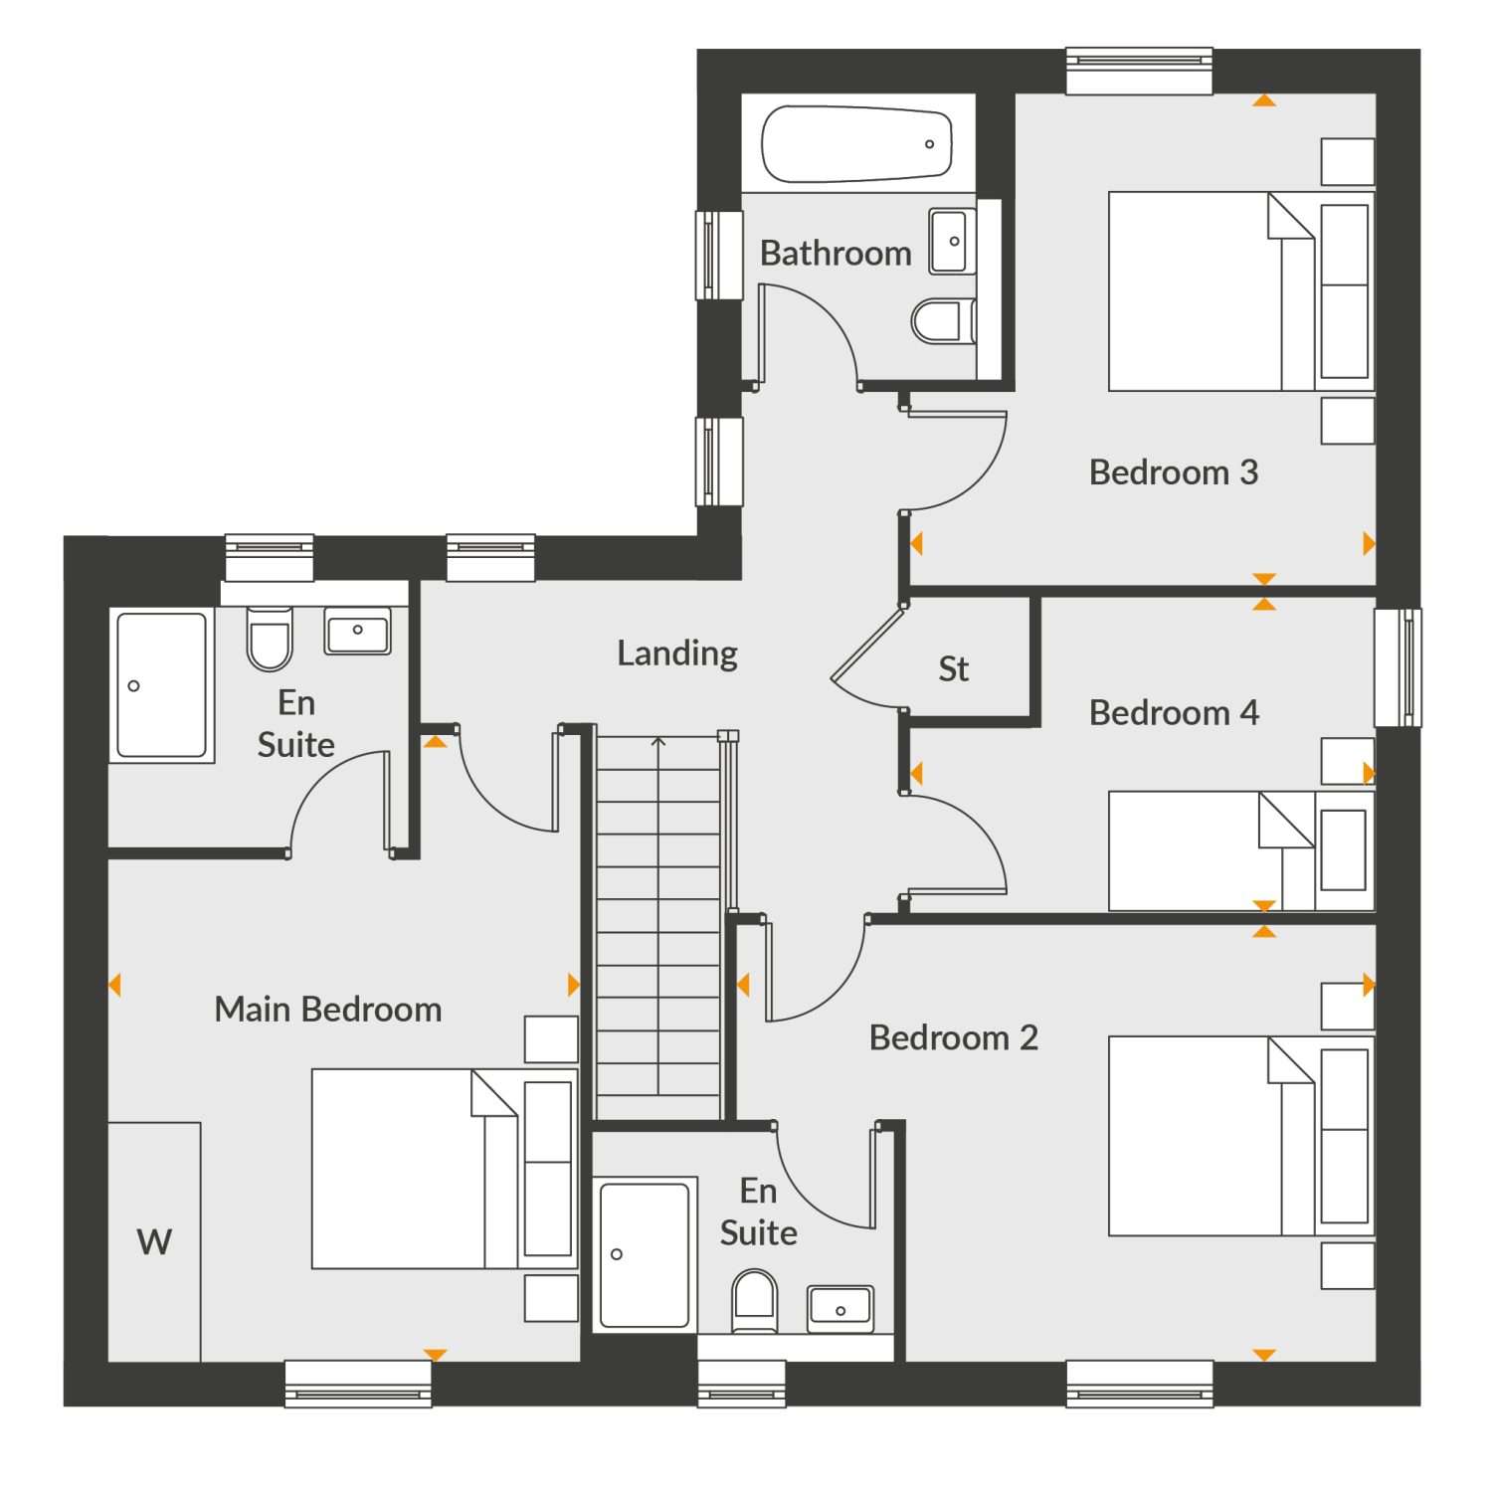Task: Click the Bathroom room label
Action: coord(836,254)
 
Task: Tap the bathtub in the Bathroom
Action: coord(856,144)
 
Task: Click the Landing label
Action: coord(677,653)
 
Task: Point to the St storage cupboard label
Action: coord(953,668)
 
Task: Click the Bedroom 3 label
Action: coord(1174,471)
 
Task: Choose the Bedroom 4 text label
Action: coord(1174,712)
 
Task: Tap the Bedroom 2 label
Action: coord(954,1037)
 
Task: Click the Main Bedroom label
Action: coord(328,1010)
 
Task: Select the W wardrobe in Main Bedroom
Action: coord(154,1241)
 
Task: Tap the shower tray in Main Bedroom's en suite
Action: coord(162,685)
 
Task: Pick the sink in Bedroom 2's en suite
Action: coord(840,1308)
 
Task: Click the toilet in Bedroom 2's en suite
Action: coord(754,1301)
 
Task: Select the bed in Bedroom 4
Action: coord(1241,850)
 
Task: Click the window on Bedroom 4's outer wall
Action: coord(1398,667)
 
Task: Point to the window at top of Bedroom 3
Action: coord(1139,71)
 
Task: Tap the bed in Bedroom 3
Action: coord(1241,290)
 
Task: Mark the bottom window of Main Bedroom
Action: coord(358,1384)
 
